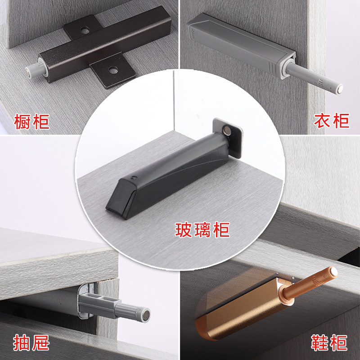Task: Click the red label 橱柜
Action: [31, 121]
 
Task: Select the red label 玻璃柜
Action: [202, 230]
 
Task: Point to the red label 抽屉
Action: [31, 343]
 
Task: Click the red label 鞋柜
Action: [329, 343]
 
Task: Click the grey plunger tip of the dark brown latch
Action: [31, 68]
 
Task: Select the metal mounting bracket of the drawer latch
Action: [85, 301]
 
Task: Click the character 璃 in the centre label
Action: [202, 230]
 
